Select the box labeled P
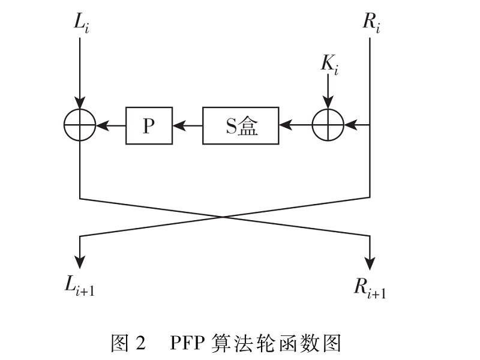149,126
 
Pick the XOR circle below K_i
328,126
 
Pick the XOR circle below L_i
80,126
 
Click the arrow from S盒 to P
187,126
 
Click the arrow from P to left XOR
110,126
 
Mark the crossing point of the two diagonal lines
224,217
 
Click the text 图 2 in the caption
128,343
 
